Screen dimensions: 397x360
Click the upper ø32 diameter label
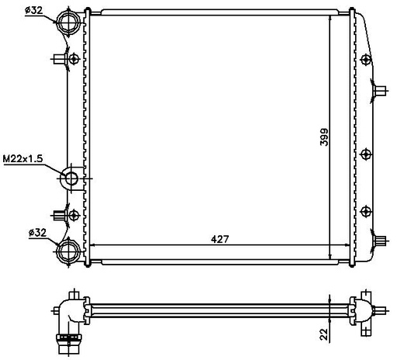click(33, 10)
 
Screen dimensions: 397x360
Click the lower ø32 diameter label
click(37, 233)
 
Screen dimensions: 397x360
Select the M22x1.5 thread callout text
click(22, 158)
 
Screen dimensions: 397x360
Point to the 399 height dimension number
click(324, 137)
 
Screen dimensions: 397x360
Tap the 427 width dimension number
click(219, 239)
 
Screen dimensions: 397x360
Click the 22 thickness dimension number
click(323, 334)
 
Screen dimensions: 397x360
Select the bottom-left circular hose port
click(68, 251)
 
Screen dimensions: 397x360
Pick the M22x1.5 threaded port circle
click(71, 178)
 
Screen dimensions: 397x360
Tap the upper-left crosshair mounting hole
click(74, 59)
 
